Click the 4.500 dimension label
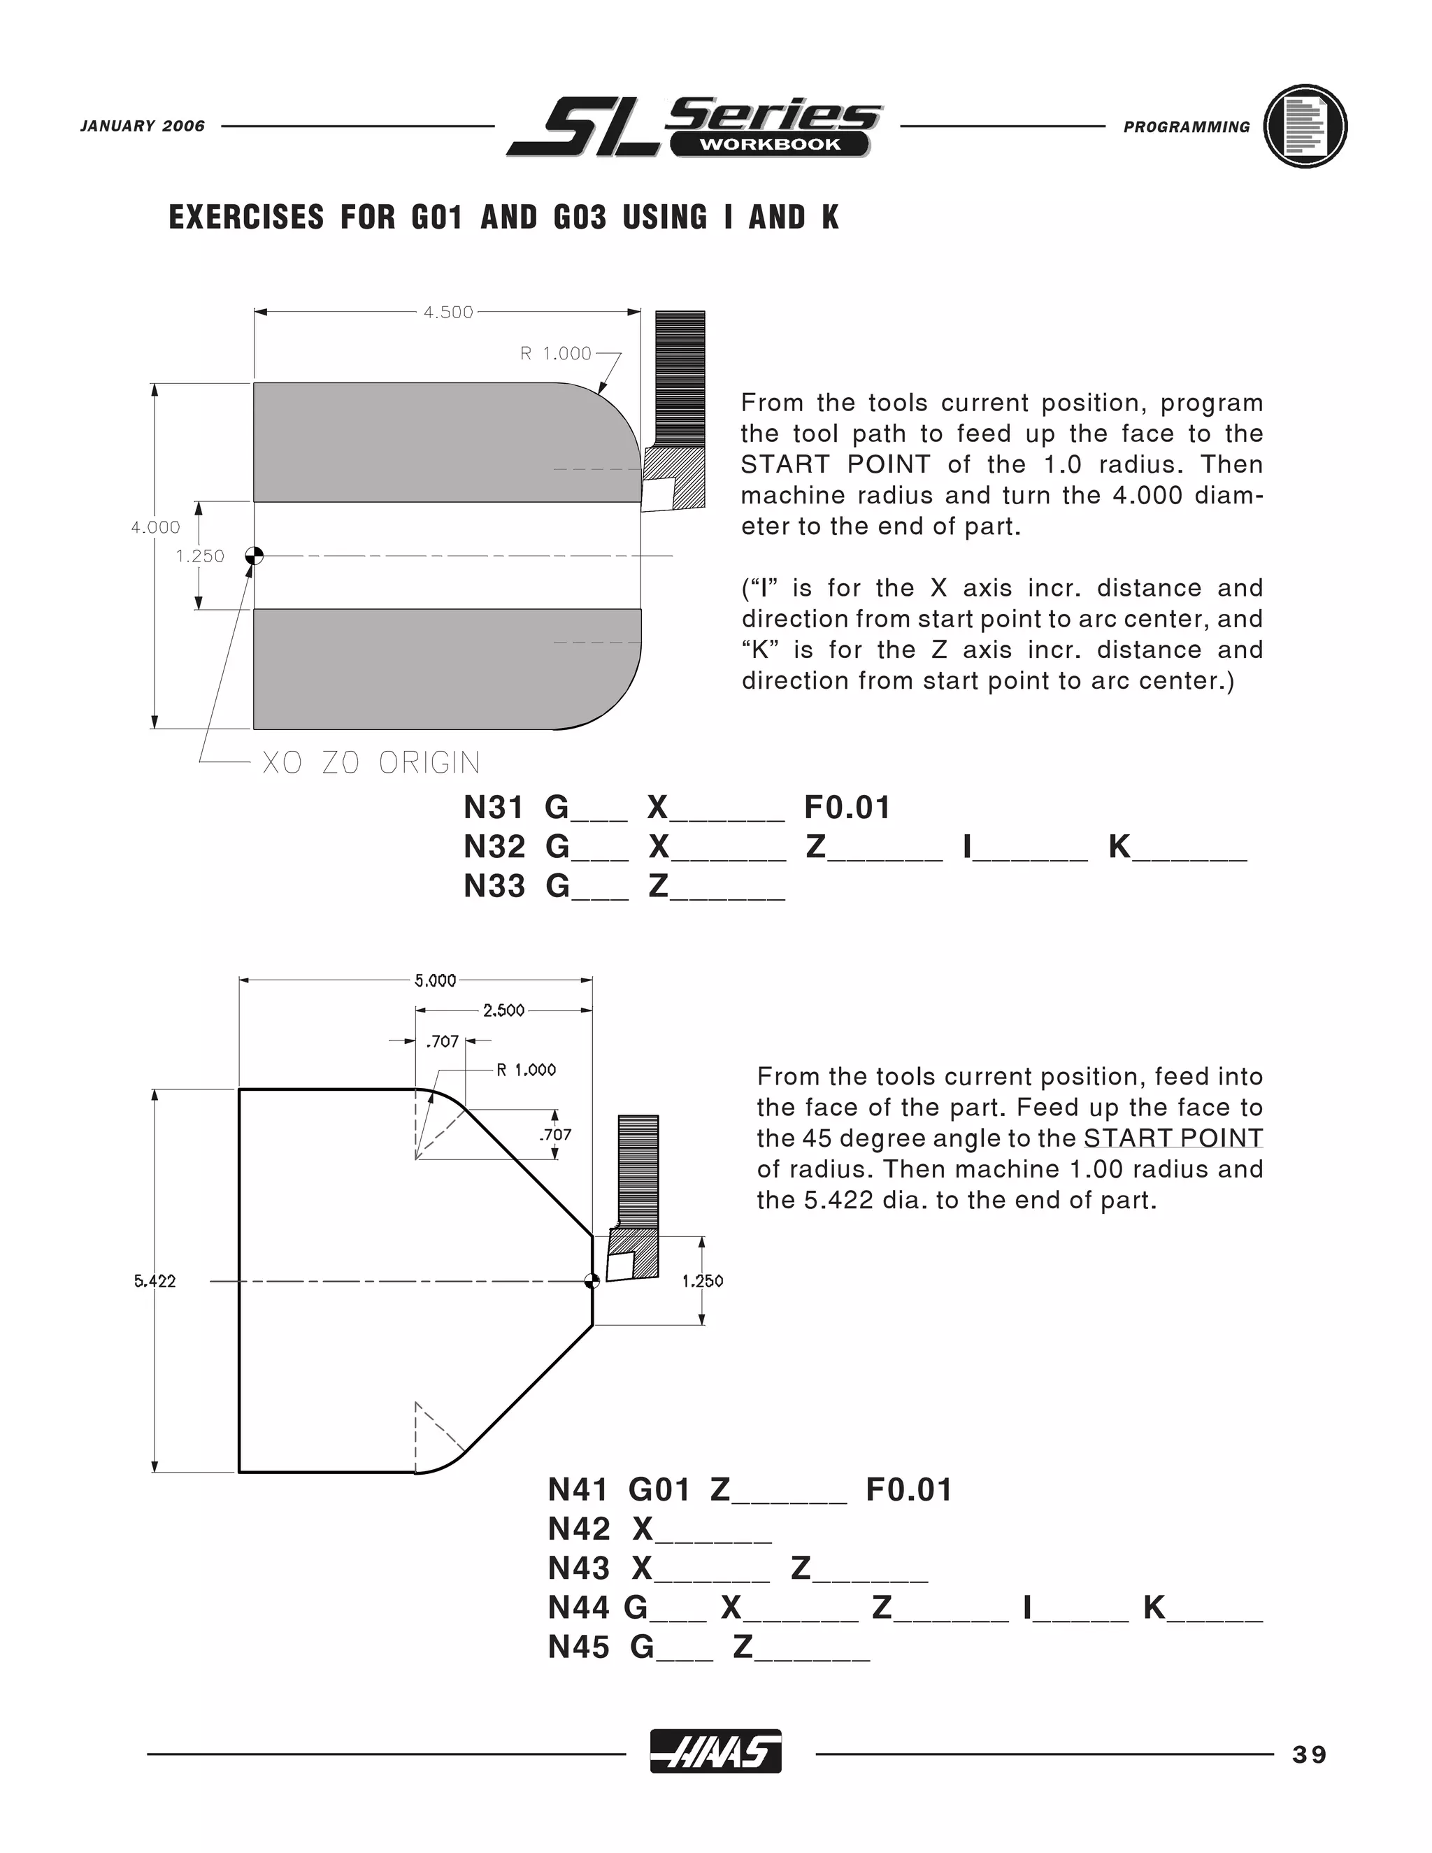point(448,313)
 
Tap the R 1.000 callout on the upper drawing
point(556,353)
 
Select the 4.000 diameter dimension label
point(155,527)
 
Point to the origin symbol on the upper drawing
point(254,556)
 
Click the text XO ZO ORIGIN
point(371,763)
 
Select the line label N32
point(494,847)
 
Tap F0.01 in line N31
point(847,808)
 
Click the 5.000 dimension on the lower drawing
point(435,981)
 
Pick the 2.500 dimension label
point(504,1010)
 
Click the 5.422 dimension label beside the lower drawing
point(155,1281)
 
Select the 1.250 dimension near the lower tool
point(703,1281)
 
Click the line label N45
point(578,1647)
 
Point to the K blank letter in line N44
point(1154,1608)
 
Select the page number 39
point(1309,1754)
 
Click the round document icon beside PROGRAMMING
point(1305,127)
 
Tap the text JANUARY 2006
point(143,127)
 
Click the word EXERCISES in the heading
point(246,217)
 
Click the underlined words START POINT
point(1173,1138)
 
